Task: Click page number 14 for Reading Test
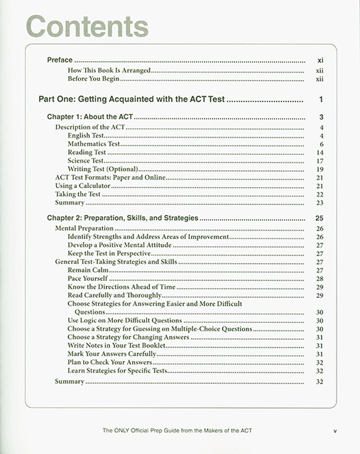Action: [320, 153]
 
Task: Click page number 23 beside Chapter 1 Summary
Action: [320, 203]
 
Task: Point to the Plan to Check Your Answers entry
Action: [114, 362]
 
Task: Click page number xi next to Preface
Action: [320, 61]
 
